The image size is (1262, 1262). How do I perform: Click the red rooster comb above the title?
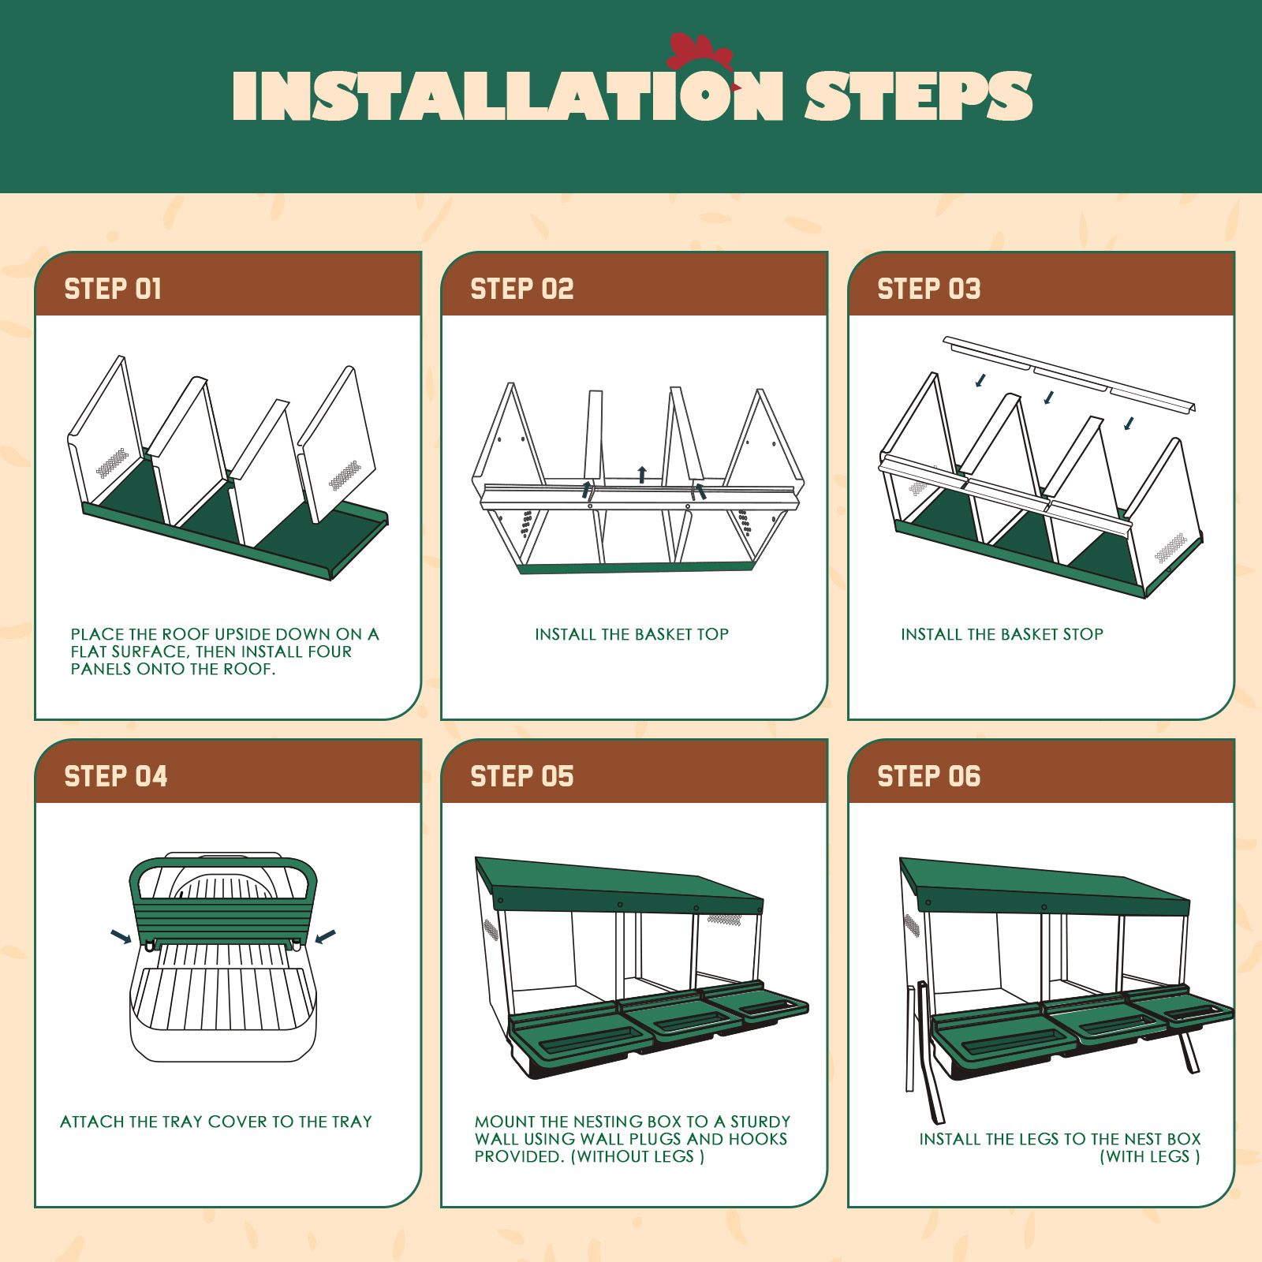699,54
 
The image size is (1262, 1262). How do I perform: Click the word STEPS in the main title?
917,98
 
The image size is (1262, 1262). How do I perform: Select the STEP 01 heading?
113,289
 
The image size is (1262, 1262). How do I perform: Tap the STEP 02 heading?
521,289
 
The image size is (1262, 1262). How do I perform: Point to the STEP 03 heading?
928,289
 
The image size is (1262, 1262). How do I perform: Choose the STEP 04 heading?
115,776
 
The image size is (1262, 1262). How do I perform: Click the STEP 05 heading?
521,776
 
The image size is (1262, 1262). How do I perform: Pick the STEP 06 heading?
928,776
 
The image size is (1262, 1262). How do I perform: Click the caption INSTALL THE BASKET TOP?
631,634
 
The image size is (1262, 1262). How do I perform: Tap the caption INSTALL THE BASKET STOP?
1002,634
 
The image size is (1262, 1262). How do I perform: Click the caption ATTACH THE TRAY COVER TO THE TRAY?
215,1122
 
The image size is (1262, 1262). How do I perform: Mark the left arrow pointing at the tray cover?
121,936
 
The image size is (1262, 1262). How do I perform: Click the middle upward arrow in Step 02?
642,474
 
